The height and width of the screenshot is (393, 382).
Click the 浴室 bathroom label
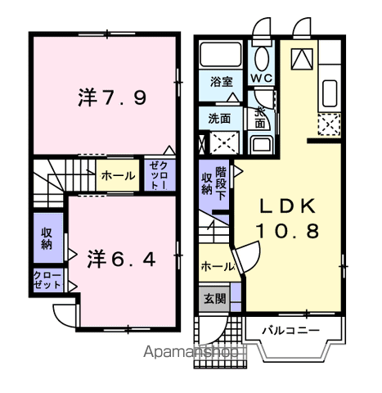(221, 83)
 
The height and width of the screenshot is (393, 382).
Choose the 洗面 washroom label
(220, 117)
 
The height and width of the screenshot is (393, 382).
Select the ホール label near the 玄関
(216, 266)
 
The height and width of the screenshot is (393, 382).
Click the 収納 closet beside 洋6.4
(47, 237)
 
